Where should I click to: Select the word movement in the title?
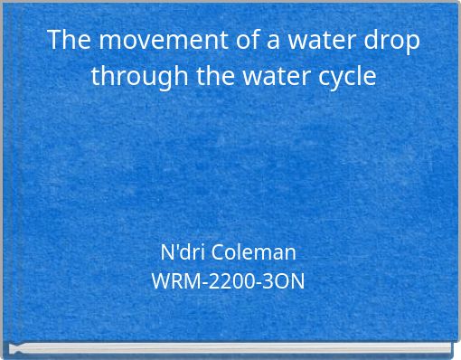[x=148, y=41]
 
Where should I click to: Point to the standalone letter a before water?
[x=251, y=41]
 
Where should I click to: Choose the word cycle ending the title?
[x=344, y=76]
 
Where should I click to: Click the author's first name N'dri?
[x=183, y=251]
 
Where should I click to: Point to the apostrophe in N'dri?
[x=175, y=246]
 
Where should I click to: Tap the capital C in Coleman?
[x=219, y=251]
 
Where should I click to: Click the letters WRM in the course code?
[x=172, y=281]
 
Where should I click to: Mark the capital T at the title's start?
[x=54, y=41]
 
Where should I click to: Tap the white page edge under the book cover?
[x=230, y=349]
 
